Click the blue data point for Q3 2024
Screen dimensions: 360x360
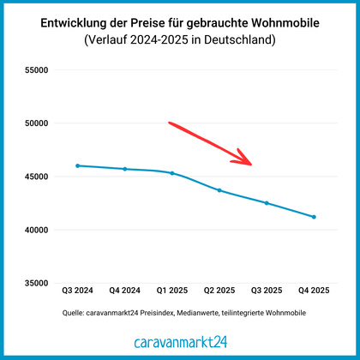click(77, 165)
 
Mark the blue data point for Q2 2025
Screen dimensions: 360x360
click(219, 190)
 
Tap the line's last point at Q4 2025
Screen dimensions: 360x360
click(314, 217)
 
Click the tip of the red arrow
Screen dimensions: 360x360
click(251, 163)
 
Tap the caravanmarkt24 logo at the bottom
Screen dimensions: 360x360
click(180, 341)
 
